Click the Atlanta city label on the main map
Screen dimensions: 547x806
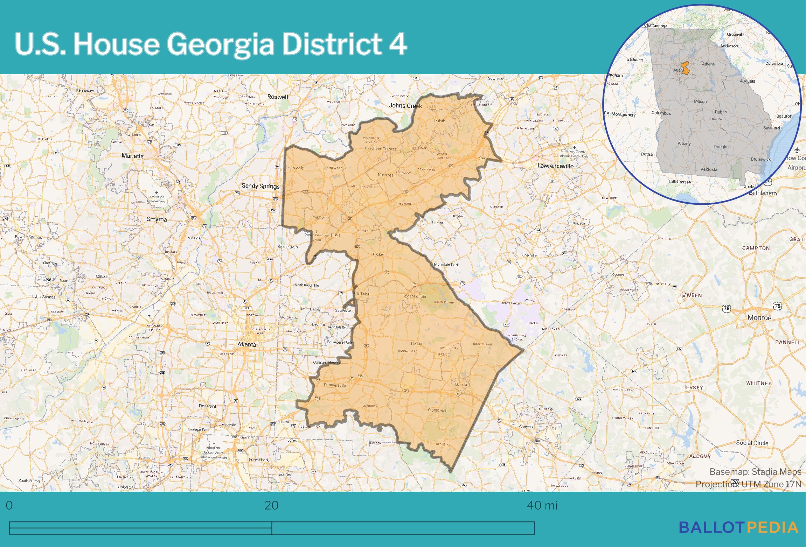pyautogui.click(x=247, y=344)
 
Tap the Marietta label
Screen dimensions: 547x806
pyautogui.click(x=133, y=156)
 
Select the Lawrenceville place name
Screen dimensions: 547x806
pyautogui.click(x=555, y=166)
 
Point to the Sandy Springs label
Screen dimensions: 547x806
pyautogui.click(x=261, y=186)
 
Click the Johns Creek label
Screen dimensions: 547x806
pyautogui.click(x=405, y=106)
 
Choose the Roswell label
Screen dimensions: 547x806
pyautogui.click(x=278, y=97)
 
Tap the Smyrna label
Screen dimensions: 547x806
pyautogui.click(x=157, y=219)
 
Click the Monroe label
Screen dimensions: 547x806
pyautogui.click(x=759, y=318)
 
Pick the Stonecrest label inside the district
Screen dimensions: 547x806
pyautogui.click(x=437, y=410)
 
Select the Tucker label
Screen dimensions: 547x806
pyautogui.click(x=378, y=254)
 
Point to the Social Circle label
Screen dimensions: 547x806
pyautogui.click(x=752, y=443)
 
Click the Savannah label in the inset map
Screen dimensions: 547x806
pyautogui.click(x=772, y=128)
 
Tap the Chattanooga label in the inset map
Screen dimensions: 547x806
pyautogui.click(x=655, y=26)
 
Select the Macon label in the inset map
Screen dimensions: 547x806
pyautogui.click(x=700, y=101)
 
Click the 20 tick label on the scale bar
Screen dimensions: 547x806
pyautogui.click(x=272, y=505)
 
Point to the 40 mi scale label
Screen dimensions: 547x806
pyautogui.click(x=542, y=505)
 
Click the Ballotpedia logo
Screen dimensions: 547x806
pyautogui.click(x=738, y=527)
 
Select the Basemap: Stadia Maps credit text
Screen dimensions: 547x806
pyautogui.click(x=755, y=472)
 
